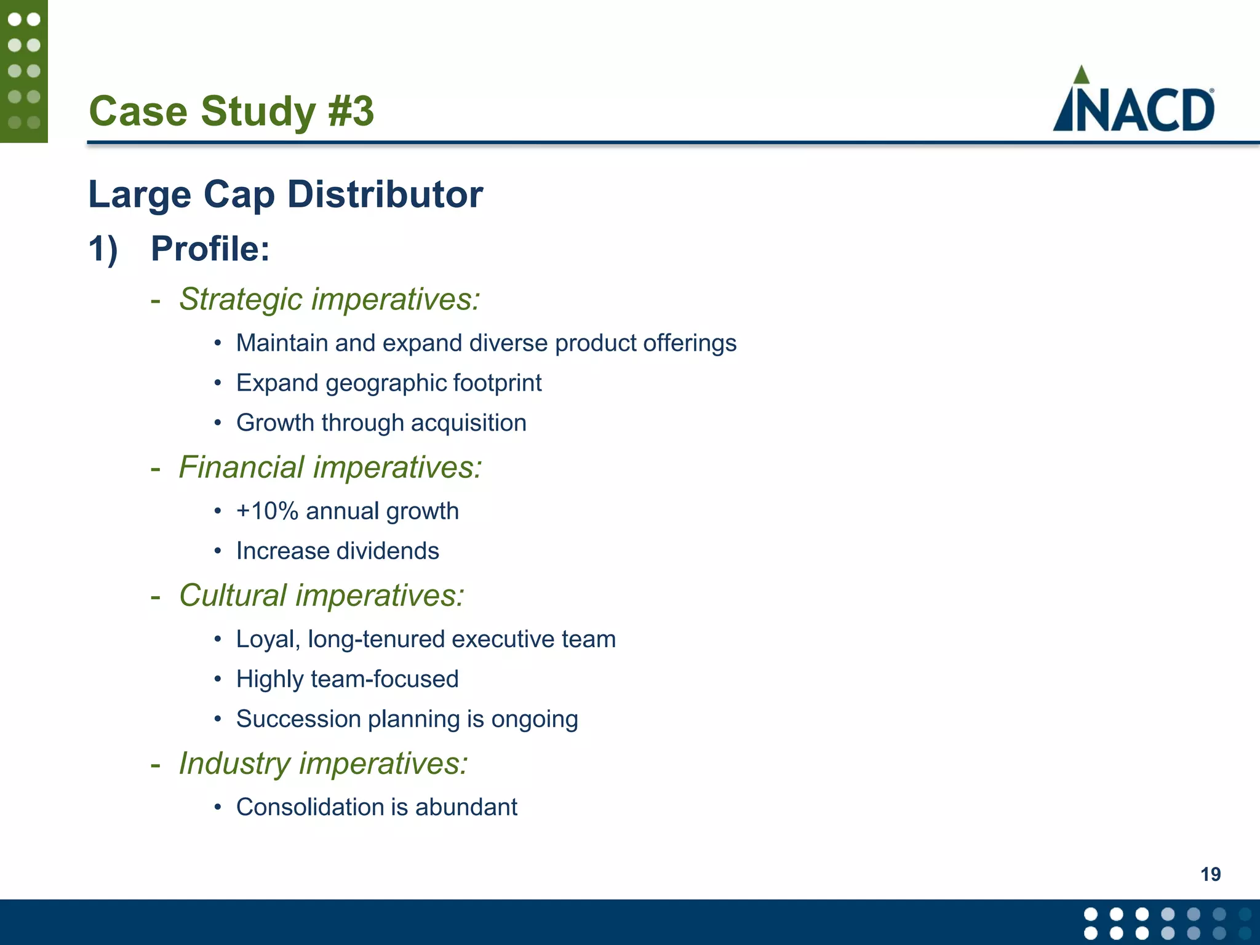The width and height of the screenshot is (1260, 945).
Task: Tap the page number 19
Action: [1210, 874]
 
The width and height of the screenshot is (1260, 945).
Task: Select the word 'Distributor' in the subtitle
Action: [385, 194]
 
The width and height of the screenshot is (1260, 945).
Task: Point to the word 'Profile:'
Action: [210, 249]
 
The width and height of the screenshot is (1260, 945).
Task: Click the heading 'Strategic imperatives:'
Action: [329, 300]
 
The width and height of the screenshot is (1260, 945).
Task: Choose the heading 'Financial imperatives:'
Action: [330, 468]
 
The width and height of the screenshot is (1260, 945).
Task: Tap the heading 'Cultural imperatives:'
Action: [321, 596]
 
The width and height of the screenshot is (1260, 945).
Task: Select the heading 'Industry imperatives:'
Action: [323, 764]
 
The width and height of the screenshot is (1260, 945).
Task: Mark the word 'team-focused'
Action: [385, 679]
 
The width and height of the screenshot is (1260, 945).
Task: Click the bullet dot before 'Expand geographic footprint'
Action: [217, 383]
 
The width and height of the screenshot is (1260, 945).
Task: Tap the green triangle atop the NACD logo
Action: [1081, 75]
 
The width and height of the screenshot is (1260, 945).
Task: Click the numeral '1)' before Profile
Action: [103, 249]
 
